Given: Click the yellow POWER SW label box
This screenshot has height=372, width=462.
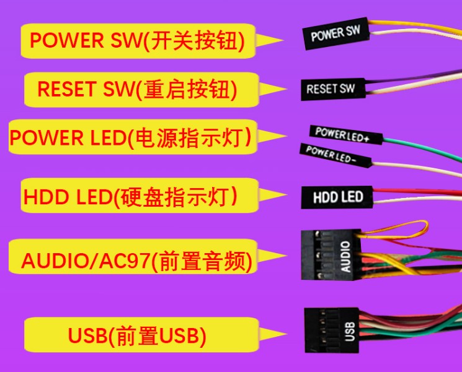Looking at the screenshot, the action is pos(138,41).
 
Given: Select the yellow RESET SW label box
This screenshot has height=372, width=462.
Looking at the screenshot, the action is pos(141,90).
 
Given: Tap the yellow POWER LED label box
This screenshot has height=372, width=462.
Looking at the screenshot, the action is pos(133,137).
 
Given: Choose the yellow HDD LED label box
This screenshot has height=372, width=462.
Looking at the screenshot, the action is pos(140,195).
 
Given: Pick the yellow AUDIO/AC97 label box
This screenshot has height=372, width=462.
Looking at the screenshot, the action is pos(133,256).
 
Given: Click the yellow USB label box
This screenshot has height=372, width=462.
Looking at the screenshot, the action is pos(141,335).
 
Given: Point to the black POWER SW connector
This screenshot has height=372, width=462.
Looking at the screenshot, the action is pos(336,33).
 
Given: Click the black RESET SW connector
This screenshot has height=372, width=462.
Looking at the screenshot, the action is pos(333,89).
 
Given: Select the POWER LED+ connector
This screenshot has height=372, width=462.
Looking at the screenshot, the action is pos(346,135).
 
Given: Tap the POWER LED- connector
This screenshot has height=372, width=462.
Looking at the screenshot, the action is pos(335,155).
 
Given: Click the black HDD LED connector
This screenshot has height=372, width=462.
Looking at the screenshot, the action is pos(337,197).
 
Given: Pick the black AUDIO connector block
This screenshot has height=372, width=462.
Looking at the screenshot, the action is pos(331,254).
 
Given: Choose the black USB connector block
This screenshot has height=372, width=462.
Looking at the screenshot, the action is pos(332,330).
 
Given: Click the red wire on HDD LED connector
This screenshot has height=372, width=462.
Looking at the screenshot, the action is pos(417,192).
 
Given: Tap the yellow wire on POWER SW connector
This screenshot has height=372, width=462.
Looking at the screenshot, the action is pos(415,26).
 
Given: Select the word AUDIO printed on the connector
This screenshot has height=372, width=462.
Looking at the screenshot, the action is pos(345,256).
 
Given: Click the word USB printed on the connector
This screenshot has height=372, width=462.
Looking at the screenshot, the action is pos(350,331).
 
